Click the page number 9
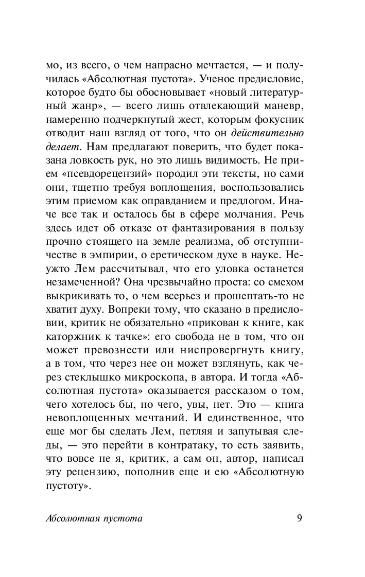(x=299, y=518)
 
